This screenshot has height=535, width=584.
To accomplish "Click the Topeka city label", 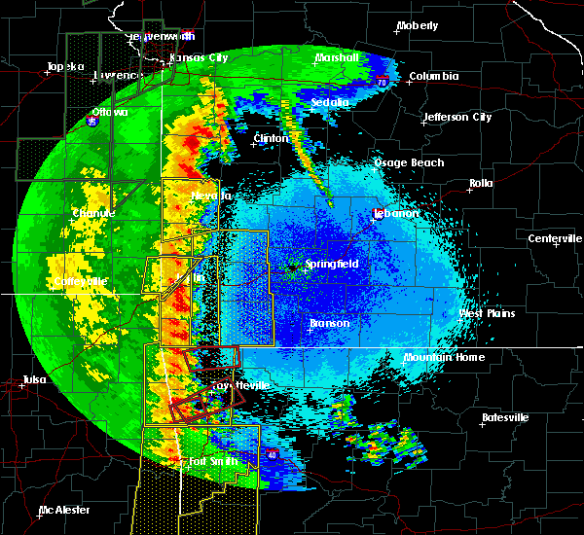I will pyautogui.click(x=62, y=67).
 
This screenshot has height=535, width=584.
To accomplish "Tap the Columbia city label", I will pyautogui.click(x=433, y=76).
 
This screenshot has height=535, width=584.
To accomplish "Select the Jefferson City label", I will pyautogui.click(x=456, y=118).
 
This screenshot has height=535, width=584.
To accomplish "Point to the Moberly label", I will pyautogui.click(x=418, y=25).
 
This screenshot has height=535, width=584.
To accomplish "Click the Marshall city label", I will pyautogui.click(x=336, y=58).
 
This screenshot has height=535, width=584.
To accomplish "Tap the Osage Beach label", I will pyautogui.click(x=409, y=163).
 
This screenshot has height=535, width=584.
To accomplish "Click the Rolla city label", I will pyautogui.click(x=481, y=183).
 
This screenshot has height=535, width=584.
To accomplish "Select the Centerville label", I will pyautogui.click(x=555, y=239).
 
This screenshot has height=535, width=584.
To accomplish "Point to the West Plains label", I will pyautogui.click(x=486, y=314).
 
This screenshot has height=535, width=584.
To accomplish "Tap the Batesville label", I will pyautogui.click(x=505, y=417).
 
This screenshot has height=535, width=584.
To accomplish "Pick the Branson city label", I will pyautogui.click(x=329, y=324).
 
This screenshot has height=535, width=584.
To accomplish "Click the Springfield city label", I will pyautogui.click(x=332, y=264).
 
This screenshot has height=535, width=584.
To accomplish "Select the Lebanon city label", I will pyautogui.click(x=399, y=213).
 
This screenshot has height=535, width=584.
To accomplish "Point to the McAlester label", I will pyautogui.click(x=64, y=510).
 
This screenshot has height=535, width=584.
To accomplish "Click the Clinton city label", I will pyautogui.click(x=271, y=139).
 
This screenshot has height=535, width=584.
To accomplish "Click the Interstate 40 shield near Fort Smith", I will pyautogui.click(x=272, y=454).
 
